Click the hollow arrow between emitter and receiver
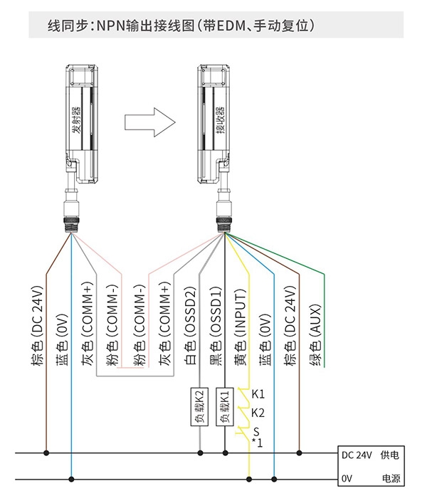[x=149, y=122]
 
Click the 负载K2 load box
[x=199, y=406]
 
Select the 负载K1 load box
[x=225, y=406]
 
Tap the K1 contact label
[x=258, y=394]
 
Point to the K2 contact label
[x=258, y=413]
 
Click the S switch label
[x=256, y=432]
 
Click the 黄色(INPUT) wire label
[x=241, y=327]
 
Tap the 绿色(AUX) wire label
[x=315, y=335]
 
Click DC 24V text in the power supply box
[x=357, y=455]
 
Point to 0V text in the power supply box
[x=347, y=478]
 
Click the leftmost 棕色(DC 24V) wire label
[x=37, y=326]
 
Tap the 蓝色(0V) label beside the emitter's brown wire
[x=63, y=340]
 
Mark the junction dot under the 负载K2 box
[x=200, y=453]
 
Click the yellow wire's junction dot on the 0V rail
[x=249, y=479]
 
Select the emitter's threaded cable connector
[x=71, y=226]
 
